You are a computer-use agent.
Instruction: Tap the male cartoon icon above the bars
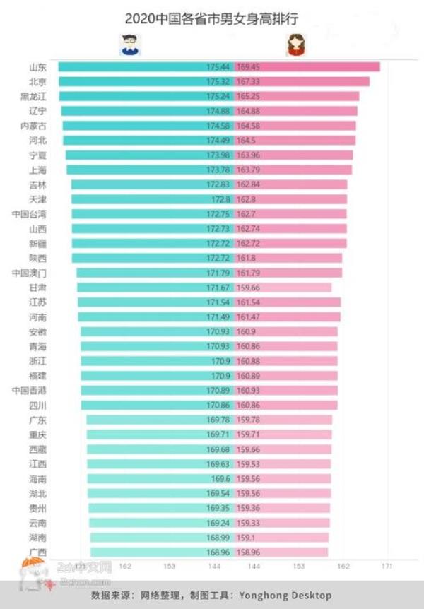(129, 45)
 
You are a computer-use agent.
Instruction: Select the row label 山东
(37, 67)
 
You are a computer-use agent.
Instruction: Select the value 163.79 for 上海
(249, 170)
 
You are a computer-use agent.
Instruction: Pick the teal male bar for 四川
(141, 406)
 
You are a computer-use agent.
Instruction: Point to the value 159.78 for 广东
(249, 420)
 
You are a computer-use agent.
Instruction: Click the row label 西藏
(37, 449)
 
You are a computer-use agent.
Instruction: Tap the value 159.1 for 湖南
(248, 538)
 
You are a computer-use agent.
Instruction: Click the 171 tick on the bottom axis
(387, 567)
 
